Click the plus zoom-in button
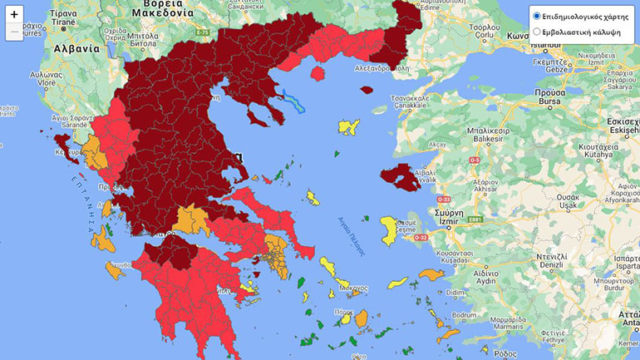point(14,14)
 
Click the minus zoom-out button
point(14,32)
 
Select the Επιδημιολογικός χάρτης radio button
point(537,16)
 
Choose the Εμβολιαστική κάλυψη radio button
point(537,32)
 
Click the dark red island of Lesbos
point(401,176)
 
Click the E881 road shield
point(475,219)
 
